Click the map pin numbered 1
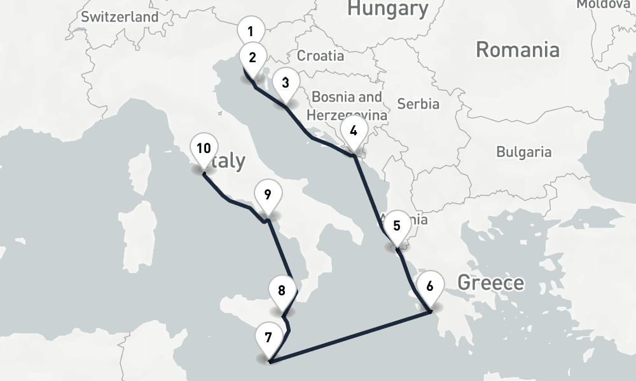(251, 31)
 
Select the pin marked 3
(286, 83)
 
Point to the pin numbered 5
(397, 225)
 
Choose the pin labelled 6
(430, 286)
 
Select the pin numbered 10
(204, 149)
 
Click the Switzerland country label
(120, 17)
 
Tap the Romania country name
(518, 50)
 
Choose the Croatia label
(321, 56)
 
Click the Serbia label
(418, 103)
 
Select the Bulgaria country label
(523, 152)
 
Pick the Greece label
(491, 283)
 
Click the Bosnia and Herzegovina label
(347, 106)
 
